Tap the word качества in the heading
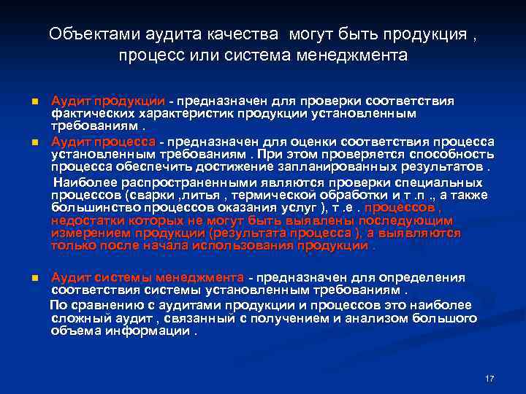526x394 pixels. [x=246, y=34]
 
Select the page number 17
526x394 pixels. [x=489, y=379]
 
